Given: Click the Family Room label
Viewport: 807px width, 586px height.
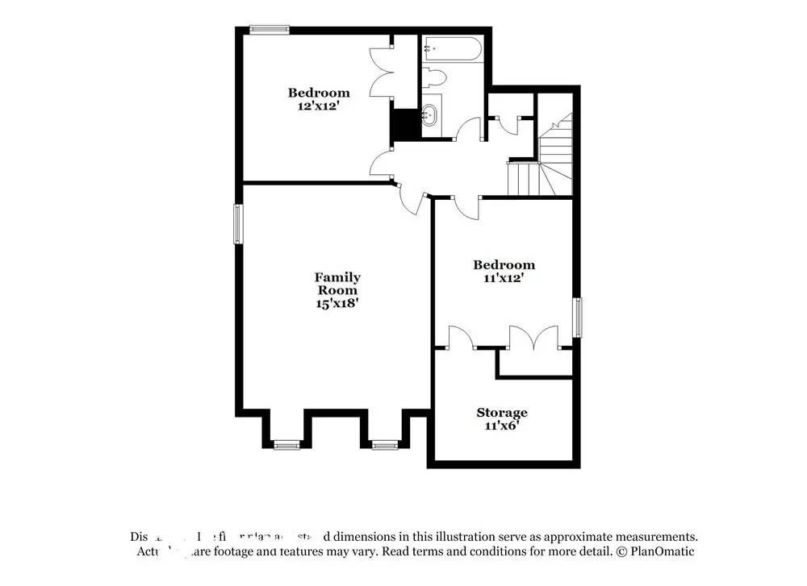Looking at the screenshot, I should pyautogui.click(x=337, y=284).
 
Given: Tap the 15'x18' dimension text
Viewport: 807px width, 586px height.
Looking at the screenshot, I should pyautogui.click(x=337, y=304).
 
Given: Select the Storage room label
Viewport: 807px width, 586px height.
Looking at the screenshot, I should pyautogui.click(x=501, y=413).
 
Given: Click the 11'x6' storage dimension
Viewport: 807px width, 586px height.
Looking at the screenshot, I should pyautogui.click(x=501, y=426).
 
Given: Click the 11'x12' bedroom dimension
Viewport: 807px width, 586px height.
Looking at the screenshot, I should pyautogui.click(x=504, y=277).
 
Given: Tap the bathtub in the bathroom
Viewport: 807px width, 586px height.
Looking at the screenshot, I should pyautogui.click(x=452, y=50).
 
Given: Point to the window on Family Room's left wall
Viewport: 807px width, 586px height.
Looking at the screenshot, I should pyautogui.click(x=238, y=223).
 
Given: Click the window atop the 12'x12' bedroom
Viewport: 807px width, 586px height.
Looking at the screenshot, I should pyautogui.click(x=269, y=30).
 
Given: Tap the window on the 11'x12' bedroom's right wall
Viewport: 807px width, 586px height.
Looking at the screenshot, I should pyautogui.click(x=578, y=318).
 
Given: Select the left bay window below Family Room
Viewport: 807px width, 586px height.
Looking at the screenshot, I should pyautogui.click(x=286, y=444).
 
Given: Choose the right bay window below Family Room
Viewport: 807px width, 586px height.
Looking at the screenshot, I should pyautogui.click(x=384, y=444).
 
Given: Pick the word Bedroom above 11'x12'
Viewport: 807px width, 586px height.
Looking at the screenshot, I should pyautogui.click(x=504, y=264).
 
